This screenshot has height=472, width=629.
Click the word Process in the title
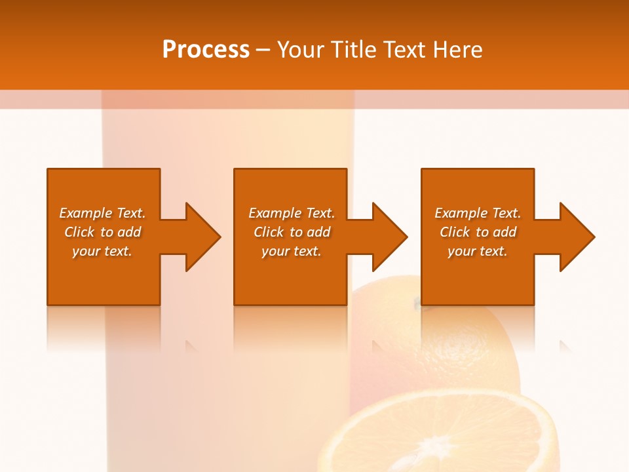[x=206, y=50]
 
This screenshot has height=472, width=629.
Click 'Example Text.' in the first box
[x=102, y=213]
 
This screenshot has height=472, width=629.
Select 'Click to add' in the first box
[x=102, y=232]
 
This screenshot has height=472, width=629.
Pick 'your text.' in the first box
[x=102, y=251]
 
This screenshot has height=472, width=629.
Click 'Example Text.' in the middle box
[x=292, y=213]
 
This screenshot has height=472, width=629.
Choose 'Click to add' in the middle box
[x=292, y=232]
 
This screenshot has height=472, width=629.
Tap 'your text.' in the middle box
[x=292, y=251]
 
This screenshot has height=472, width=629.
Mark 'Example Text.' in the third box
[x=478, y=213]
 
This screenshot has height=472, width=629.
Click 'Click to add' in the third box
[x=478, y=232]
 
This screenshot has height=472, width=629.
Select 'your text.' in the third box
[x=478, y=251]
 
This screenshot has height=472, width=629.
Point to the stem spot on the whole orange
[x=417, y=303]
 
